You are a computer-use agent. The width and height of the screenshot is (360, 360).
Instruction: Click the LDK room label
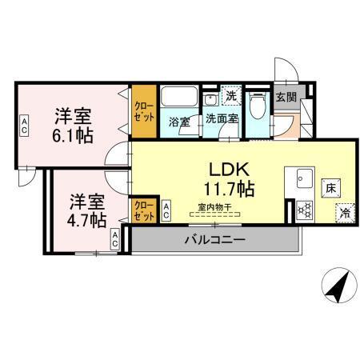pos(232,170)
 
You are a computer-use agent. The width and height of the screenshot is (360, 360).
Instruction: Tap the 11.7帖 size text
pos(229,190)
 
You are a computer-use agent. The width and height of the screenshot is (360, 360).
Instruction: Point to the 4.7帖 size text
pos(86,217)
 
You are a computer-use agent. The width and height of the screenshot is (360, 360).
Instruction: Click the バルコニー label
pos(214,238)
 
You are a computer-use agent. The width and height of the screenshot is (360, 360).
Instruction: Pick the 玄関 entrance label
pos(286,96)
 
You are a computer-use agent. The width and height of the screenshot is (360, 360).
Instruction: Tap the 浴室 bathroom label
pos(178,122)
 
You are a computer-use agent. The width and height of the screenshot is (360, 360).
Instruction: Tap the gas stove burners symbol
pos(305,210)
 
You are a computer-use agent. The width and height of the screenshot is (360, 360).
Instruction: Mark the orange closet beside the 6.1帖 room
pos(144,113)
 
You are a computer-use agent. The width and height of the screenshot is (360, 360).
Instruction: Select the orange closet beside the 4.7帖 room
pos(144,210)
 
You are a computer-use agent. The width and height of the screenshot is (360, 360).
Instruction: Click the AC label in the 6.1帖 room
pos(25,125)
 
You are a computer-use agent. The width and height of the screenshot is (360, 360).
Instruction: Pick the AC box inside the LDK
pos(166,211)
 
